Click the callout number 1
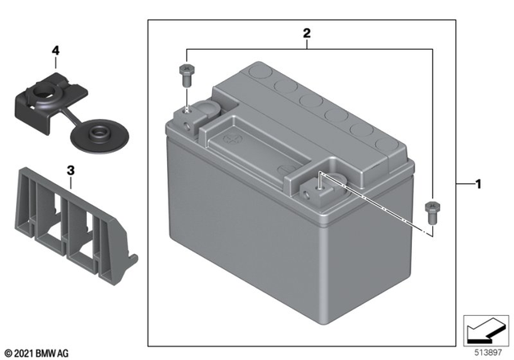coord(479,184)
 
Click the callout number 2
coord(306,34)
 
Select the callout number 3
coord(71,171)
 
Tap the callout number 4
coord(55,51)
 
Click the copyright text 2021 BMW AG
coord(37,352)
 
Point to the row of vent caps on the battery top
coord(321,108)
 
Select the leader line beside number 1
coord(462,184)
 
